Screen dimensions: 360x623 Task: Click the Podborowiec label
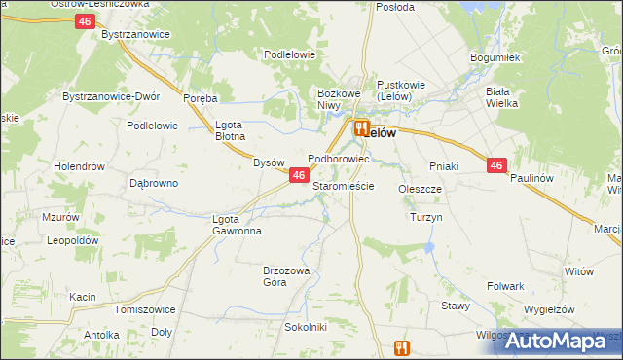[338, 157]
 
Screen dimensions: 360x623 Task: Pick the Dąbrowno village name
[154, 182]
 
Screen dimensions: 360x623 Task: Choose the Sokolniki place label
[305, 327]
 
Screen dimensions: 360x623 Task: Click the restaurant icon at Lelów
[361, 127]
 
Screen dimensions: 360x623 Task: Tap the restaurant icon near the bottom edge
[403, 347]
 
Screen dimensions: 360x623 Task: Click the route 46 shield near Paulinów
[496, 166]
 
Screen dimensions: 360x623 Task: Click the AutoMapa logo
[561, 341]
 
